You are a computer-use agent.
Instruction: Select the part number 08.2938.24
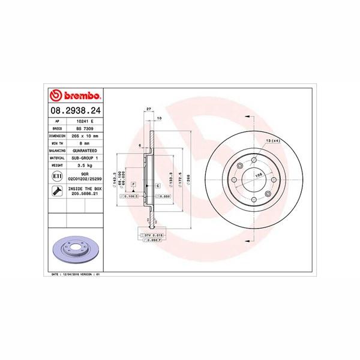pos(75,110)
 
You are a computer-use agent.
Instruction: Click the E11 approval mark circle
pos(56,176)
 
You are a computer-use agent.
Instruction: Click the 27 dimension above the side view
pos(148,109)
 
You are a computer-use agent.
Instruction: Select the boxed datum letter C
pos(157,186)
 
